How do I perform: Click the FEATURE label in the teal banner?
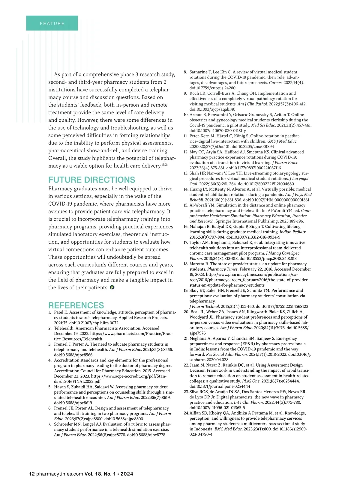52,23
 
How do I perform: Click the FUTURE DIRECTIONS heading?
92,180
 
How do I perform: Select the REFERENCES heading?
76,305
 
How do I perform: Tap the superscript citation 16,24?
165,165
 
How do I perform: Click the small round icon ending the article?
112,287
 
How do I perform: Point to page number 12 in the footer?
31,474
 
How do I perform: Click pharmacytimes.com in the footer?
59,474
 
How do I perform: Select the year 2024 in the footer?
127,474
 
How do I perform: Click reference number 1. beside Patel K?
50,312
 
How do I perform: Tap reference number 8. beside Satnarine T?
185,72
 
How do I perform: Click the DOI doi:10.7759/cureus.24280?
212,88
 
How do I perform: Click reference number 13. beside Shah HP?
186,173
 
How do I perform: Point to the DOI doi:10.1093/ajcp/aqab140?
212,109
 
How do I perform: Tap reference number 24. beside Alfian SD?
186,413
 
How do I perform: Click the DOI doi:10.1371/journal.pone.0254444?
220,386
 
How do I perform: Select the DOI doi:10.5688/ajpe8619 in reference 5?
73,403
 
